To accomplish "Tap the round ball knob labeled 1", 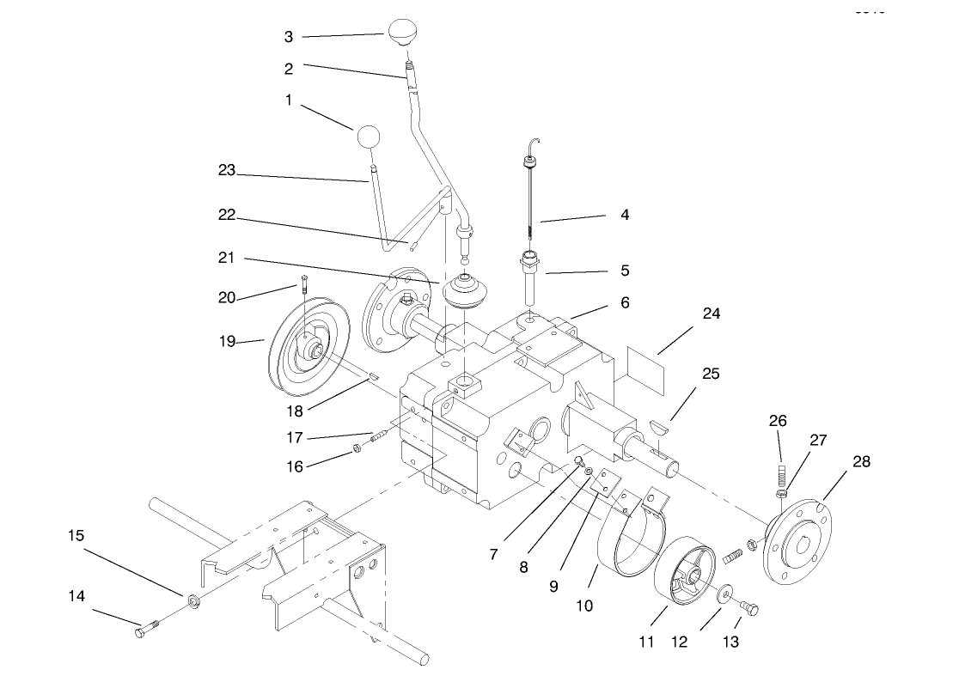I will [x=367, y=137].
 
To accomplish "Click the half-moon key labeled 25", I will [x=659, y=423].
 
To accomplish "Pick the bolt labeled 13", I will [x=750, y=608].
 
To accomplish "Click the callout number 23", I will [x=227, y=171].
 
